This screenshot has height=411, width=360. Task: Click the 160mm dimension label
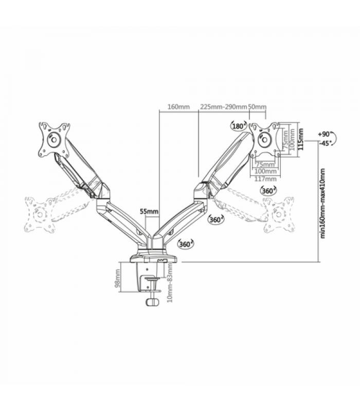(178, 107)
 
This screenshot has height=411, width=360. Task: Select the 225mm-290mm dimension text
(224, 107)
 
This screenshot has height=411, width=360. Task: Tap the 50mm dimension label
(257, 107)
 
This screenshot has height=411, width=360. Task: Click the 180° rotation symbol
(239, 126)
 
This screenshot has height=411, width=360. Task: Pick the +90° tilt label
(325, 134)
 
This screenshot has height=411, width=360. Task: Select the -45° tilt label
(326, 143)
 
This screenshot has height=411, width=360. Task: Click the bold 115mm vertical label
(301, 139)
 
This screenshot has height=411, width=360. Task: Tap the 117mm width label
(266, 179)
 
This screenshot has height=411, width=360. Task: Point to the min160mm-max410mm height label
(322, 203)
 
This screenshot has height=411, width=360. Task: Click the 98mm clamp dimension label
(118, 278)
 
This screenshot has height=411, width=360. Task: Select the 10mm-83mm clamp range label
(170, 283)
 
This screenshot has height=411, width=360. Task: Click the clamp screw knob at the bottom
(152, 302)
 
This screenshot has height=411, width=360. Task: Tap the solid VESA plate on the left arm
(55, 139)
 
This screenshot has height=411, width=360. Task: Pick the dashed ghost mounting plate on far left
(40, 215)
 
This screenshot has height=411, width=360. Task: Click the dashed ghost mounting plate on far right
(279, 215)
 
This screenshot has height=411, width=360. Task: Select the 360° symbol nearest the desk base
(186, 245)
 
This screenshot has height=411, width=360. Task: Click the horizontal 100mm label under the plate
(266, 172)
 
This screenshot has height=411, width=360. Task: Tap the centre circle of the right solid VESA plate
(264, 139)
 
